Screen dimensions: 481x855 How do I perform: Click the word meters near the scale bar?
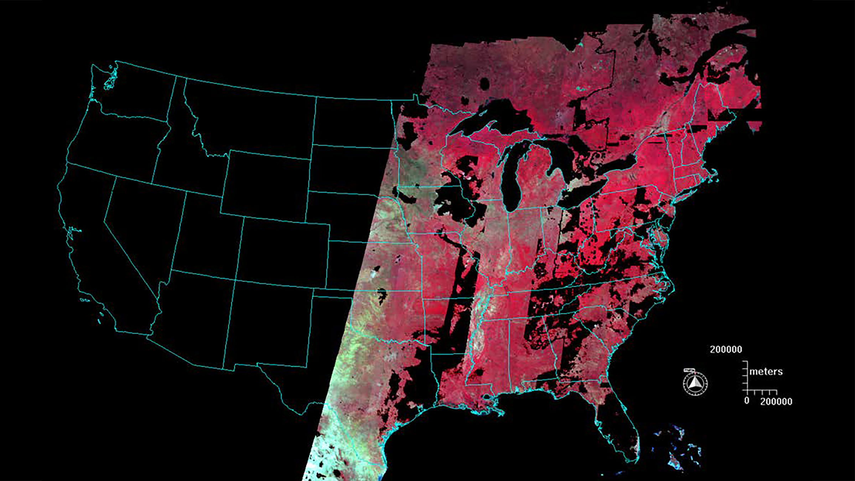766,372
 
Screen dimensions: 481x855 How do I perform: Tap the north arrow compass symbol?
695,383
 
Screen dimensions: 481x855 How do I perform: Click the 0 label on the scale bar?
747,400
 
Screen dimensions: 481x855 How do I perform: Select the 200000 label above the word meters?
726,350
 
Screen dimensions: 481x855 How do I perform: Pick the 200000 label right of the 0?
776,402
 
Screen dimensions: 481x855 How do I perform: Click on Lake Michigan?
511,178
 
